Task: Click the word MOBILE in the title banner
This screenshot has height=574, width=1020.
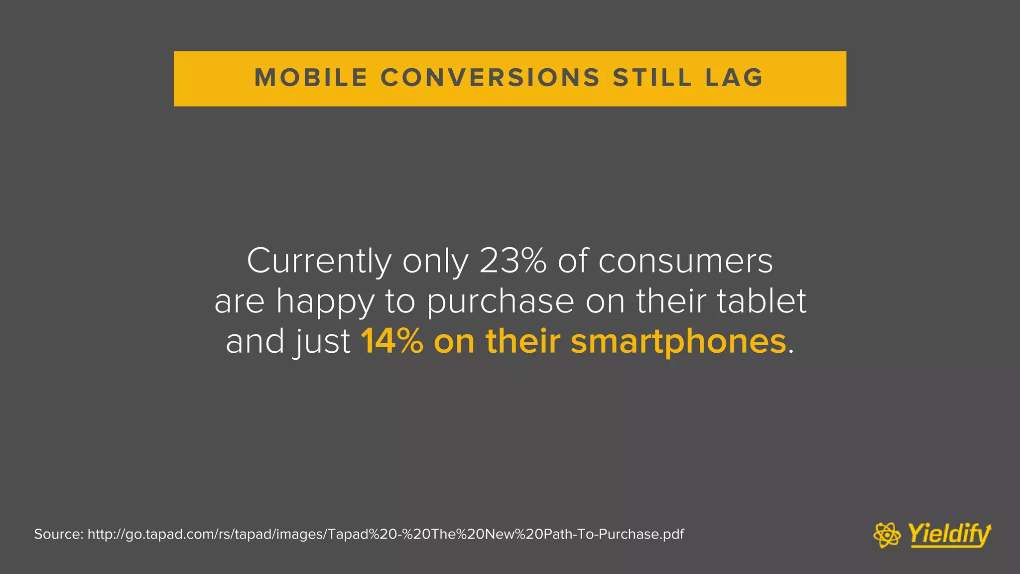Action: coord(311,78)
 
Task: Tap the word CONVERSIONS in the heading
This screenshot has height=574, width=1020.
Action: coord(491,78)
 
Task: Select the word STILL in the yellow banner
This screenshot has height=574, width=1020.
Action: coord(652,78)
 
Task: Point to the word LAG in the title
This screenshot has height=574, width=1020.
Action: coord(735,78)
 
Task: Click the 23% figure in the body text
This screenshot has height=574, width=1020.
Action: coord(512,261)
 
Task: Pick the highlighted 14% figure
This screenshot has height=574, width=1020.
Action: coord(392,342)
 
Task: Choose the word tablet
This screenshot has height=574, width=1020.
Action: coord(762,301)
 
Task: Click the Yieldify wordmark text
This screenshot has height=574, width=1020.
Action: coord(949,535)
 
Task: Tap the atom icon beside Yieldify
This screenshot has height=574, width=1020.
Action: coord(887,535)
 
